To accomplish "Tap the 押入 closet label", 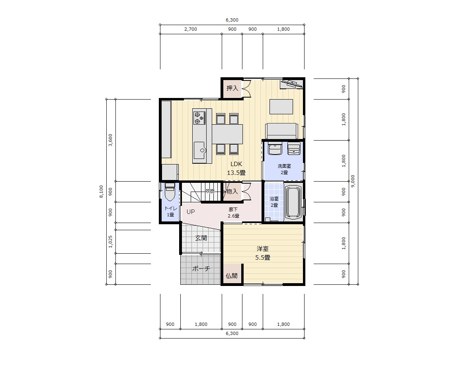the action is pos(232,88).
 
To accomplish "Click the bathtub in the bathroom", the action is pos(293,203).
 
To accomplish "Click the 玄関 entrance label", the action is pos(201,238).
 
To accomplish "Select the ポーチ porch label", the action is pos(201,268).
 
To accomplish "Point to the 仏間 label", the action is pos(232,276).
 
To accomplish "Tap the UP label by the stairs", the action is pos(191,211).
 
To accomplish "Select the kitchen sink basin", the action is pos(200,151).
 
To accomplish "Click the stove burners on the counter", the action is pos(199,117).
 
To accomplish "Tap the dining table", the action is pos(227,134).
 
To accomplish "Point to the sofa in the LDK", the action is pos(281,131).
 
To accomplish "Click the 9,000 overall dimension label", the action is pos(353,181).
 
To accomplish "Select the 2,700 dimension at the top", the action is pos(191,29).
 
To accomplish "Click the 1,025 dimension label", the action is pos(110,241).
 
